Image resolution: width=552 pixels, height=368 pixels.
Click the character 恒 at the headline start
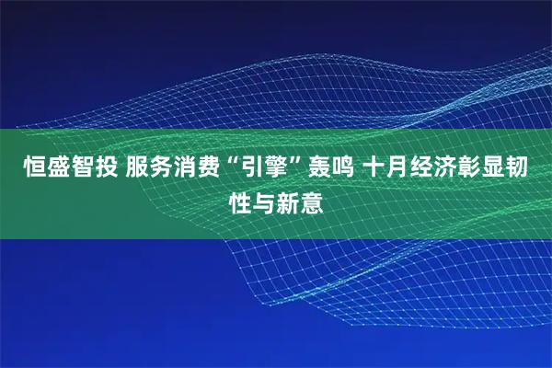pyautogui.click(x=22, y=169)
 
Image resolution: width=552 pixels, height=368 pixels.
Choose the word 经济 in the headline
pyautogui.click(x=427, y=169)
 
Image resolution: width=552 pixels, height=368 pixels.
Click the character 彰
pyautogui.click(x=465, y=169)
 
